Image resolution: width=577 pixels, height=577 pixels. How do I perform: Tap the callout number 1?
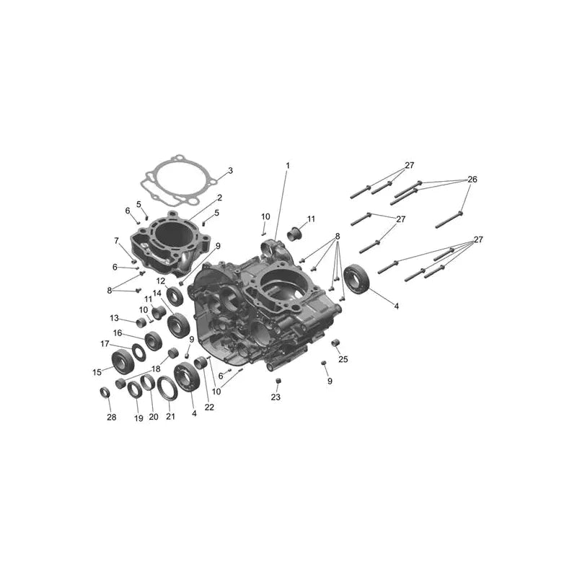(x=288, y=166)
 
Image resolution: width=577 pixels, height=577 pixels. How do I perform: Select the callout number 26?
(x=472, y=179)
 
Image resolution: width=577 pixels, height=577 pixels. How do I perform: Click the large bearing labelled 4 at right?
(x=356, y=279)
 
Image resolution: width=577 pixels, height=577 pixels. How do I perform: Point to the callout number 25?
(x=343, y=358)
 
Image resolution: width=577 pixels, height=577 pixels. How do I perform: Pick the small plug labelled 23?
(x=278, y=381)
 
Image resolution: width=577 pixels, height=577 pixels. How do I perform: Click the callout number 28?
(x=112, y=417)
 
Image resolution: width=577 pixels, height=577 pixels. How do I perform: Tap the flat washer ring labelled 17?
(x=138, y=352)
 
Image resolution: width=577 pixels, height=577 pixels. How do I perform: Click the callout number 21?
(x=170, y=416)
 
